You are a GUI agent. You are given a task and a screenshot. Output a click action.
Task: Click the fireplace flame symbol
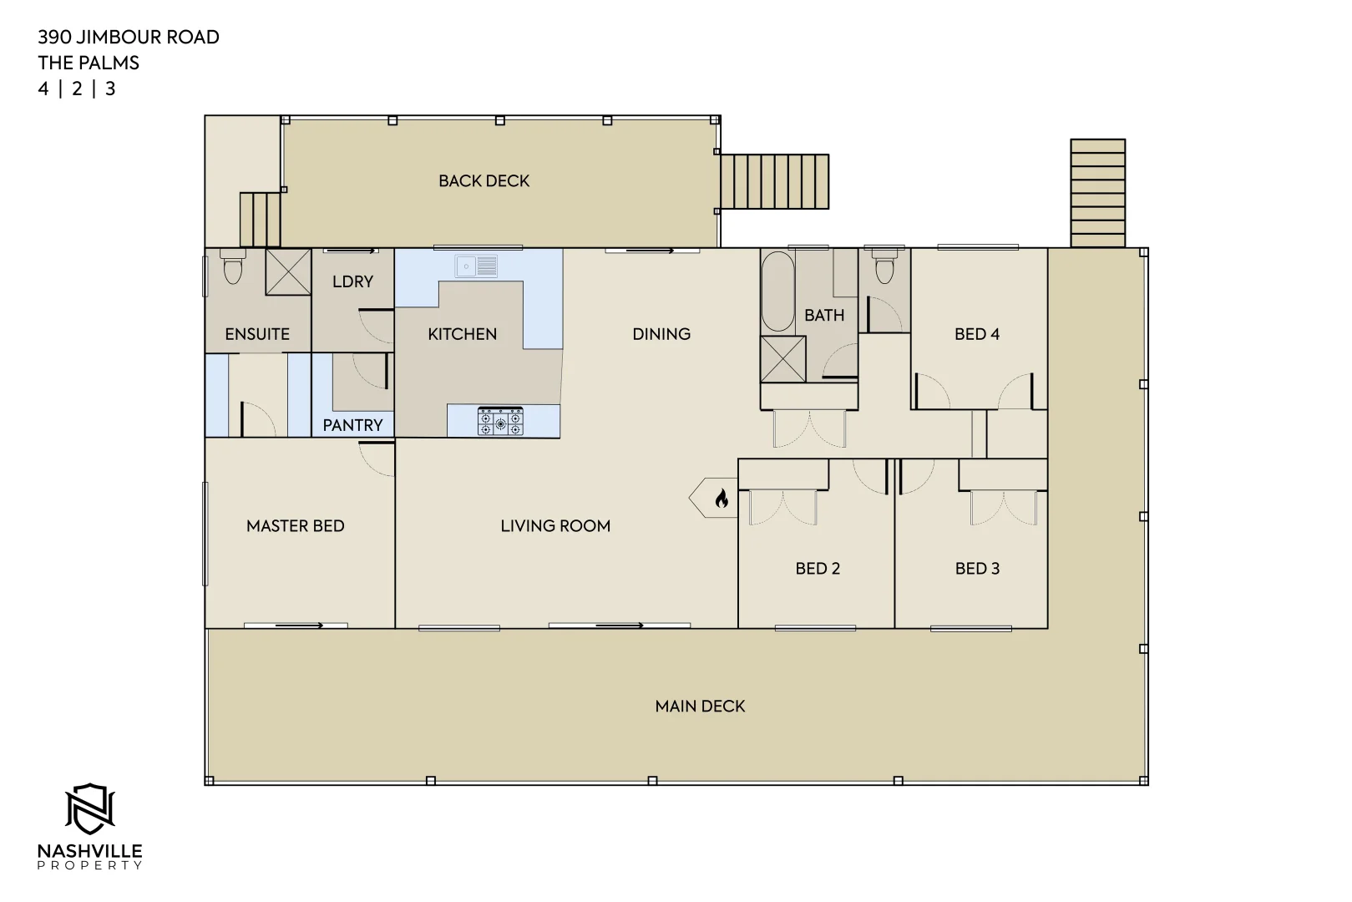point(722,499)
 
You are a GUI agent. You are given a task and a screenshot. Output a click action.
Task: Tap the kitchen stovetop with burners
point(500,421)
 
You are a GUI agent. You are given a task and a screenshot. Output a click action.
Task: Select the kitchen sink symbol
point(476,266)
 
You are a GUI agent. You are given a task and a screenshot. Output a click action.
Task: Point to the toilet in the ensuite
point(232,268)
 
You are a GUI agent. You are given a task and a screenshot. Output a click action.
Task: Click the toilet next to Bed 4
point(884,266)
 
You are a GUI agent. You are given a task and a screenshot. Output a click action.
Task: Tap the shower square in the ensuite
point(288,271)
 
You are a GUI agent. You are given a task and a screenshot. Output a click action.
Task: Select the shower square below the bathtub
point(782,359)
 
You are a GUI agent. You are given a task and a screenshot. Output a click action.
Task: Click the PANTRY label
point(352,425)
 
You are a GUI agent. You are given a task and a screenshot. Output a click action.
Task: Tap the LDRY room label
point(352,281)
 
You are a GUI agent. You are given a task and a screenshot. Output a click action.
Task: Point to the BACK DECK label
point(484,180)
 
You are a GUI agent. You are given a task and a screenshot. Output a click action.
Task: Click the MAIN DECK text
point(700,707)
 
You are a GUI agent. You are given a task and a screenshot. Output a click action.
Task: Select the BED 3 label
point(977,569)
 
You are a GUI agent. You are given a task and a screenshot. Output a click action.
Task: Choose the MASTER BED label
point(295,526)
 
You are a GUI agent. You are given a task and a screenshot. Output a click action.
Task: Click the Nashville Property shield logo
point(89,808)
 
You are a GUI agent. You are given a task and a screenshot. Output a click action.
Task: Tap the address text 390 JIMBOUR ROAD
point(129,37)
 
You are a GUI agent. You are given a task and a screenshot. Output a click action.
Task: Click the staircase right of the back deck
point(775,181)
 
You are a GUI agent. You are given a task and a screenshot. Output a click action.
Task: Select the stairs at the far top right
point(1097,193)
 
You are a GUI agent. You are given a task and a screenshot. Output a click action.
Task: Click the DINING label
point(661,334)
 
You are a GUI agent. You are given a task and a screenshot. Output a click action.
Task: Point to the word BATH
point(823,316)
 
